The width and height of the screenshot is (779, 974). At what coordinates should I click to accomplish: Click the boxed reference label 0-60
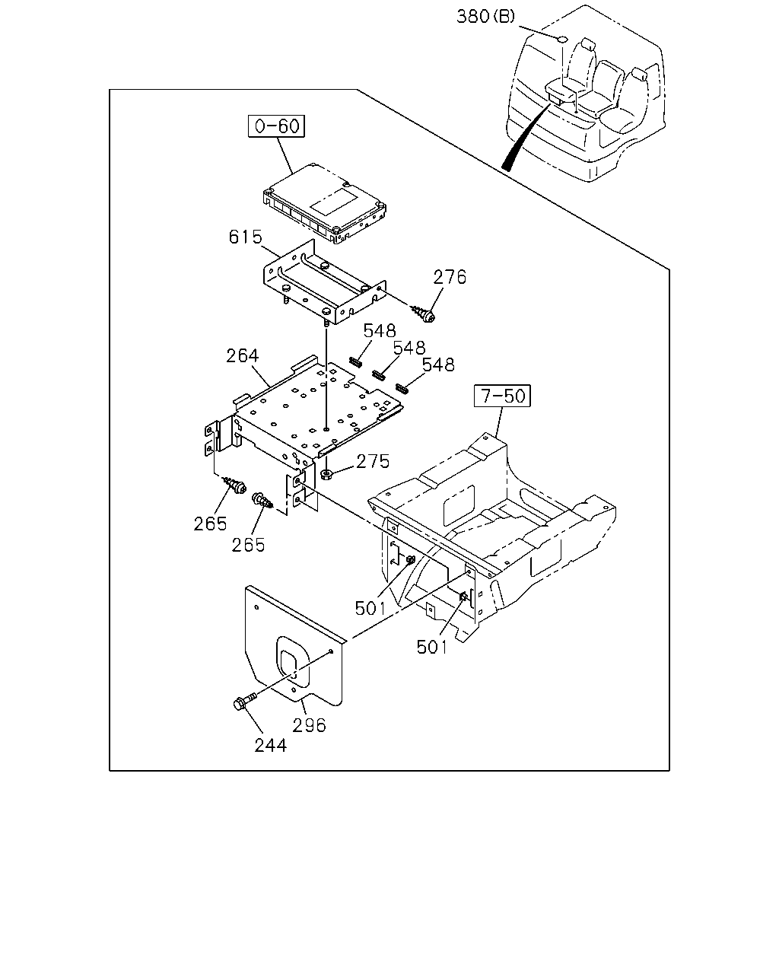276,126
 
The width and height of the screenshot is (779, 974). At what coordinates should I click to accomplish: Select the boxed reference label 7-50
502,396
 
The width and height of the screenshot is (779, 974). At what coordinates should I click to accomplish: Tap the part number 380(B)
485,17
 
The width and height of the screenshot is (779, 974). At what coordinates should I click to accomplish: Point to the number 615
245,237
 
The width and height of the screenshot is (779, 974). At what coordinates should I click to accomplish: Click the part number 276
450,277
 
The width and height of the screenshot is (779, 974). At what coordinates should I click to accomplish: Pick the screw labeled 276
422,314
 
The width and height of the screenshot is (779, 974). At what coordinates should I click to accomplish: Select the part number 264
242,355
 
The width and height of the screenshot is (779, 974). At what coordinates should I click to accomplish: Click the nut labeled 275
326,475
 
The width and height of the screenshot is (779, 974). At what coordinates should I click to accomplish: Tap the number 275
373,461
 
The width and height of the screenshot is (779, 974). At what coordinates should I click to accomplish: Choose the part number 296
309,725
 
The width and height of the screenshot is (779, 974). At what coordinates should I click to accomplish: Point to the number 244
270,746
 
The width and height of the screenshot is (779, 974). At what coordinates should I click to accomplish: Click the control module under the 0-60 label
325,204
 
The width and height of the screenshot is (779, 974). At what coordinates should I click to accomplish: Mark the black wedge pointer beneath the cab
525,138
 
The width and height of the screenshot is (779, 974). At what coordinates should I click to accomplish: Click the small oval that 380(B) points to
561,39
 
